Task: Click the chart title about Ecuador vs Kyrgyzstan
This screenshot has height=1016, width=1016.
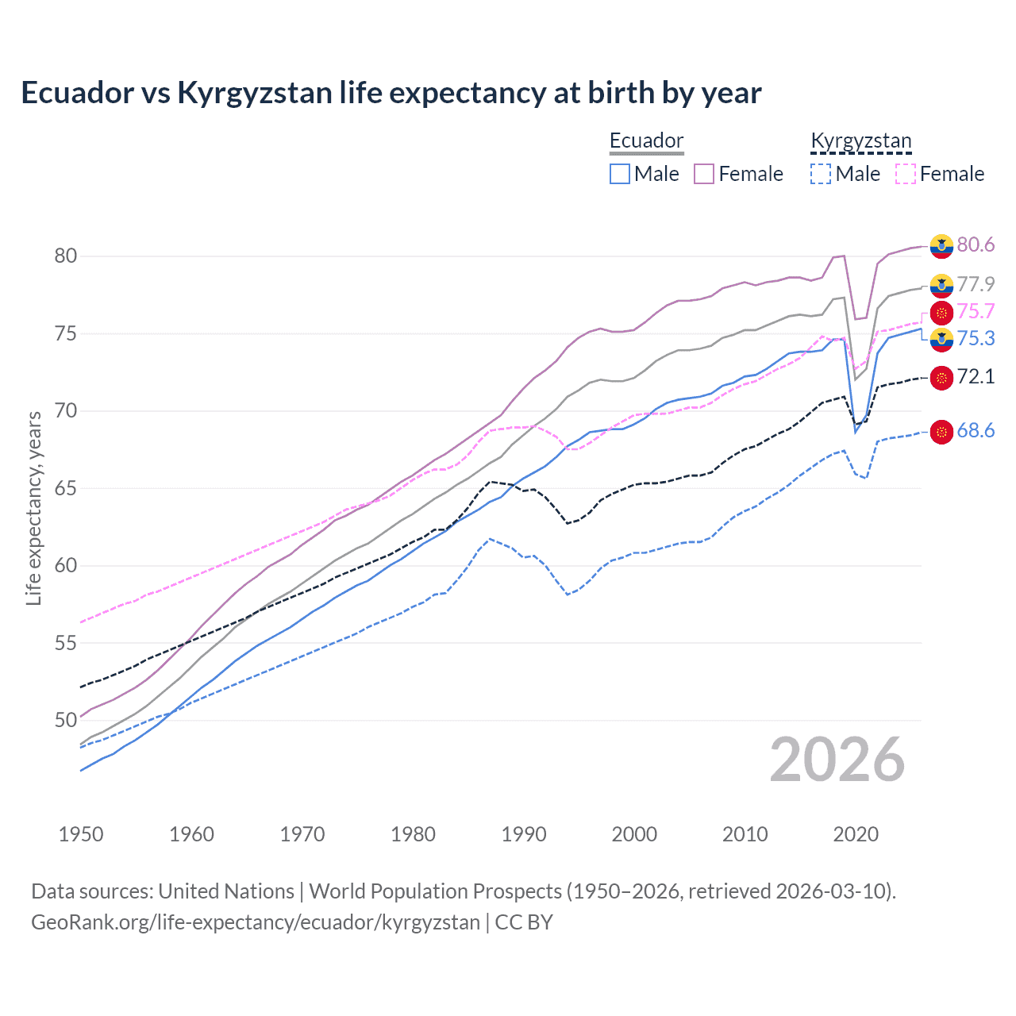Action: point(391,93)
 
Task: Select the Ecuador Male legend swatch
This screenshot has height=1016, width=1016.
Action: point(620,174)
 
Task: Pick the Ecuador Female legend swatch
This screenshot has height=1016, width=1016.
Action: point(704,174)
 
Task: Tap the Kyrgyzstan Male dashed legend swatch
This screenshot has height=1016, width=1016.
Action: point(821,174)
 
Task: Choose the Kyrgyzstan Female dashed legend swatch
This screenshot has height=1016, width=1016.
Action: point(906,174)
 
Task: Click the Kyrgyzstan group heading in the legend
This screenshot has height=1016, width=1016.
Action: point(861,141)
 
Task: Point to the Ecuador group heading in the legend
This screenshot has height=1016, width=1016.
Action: point(646,141)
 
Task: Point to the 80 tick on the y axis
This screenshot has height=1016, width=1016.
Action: point(65,256)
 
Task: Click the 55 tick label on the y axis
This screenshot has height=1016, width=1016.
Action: point(65,643)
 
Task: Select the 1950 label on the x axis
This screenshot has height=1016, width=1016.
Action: point(81,834)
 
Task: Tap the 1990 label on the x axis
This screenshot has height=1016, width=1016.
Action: point(524,834)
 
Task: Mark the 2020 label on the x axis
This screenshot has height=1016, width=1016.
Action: point(856,834)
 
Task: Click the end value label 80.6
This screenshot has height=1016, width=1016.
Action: point(976,245)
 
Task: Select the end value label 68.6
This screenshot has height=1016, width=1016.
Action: point(976,431)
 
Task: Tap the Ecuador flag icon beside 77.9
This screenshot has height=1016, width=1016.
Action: point(941,285)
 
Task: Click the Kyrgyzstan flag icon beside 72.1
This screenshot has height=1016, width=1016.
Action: point(941,377)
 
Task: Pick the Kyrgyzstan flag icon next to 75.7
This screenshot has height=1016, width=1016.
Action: point(941,312)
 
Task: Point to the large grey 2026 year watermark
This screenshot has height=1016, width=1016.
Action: point(837,760)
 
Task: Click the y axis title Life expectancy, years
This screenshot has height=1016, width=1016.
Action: point(34,508)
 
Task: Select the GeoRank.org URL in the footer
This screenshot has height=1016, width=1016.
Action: point(255,922)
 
